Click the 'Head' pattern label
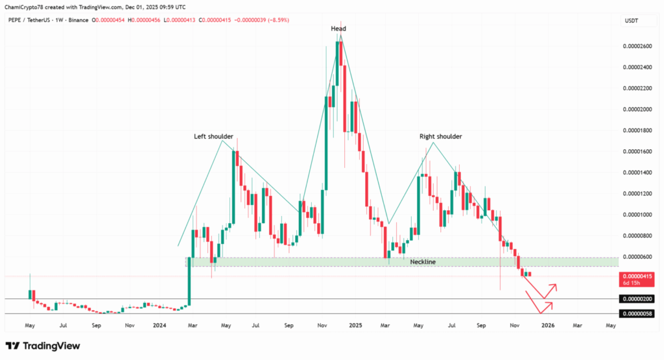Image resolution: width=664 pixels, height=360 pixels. (x=338, y=29)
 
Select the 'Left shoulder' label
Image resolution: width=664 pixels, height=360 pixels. (x=214, y=137)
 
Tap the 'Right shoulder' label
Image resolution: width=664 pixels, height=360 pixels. (x=441, y=137)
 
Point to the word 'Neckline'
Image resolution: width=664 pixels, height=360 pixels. (x=423, y=262)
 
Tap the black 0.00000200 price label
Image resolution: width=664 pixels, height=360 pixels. (x=637, y=299)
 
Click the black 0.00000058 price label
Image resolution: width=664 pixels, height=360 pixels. (x=637, y=314)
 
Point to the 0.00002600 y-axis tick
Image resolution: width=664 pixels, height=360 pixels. (x=637, y=46)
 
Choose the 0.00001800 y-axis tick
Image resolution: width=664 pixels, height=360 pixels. (x=637, y=130)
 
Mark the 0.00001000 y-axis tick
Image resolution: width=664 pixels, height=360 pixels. (x=637, y=215)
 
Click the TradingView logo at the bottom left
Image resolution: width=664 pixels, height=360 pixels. (x=43, y=346)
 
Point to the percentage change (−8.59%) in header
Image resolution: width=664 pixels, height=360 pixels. (x=276, y=21)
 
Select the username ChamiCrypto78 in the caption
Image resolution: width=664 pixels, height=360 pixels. (x=24, y=7)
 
